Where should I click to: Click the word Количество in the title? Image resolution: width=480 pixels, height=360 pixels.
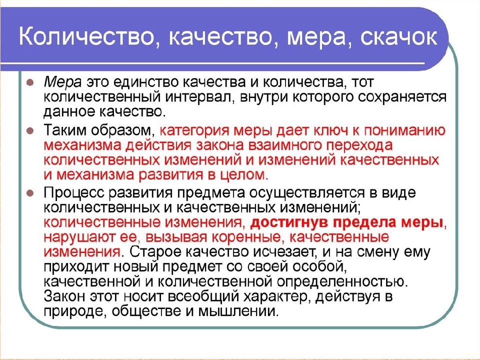tap(85, 37)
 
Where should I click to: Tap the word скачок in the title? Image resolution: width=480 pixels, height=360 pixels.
tap(398, 37)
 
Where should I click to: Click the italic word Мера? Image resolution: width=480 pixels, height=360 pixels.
tap(63, 82)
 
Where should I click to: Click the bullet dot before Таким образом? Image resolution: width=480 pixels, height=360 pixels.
tap(30, 130)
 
